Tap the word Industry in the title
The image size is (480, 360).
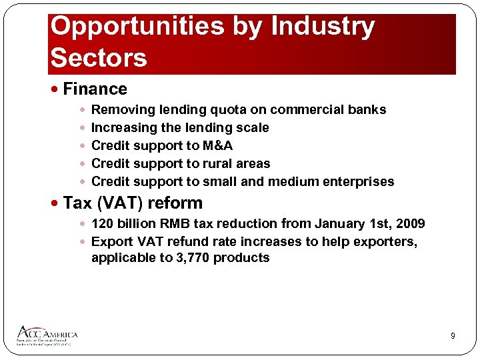pos(323,27)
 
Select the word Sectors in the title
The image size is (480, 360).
pos(99,58)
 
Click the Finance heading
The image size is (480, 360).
pos(95,89)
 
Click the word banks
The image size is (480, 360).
pos(367,109)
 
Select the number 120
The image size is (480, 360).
pos(103,224)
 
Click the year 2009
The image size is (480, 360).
pos(410,224)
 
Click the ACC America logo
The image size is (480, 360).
pos(47,335)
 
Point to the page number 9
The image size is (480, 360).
pos(453,336)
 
